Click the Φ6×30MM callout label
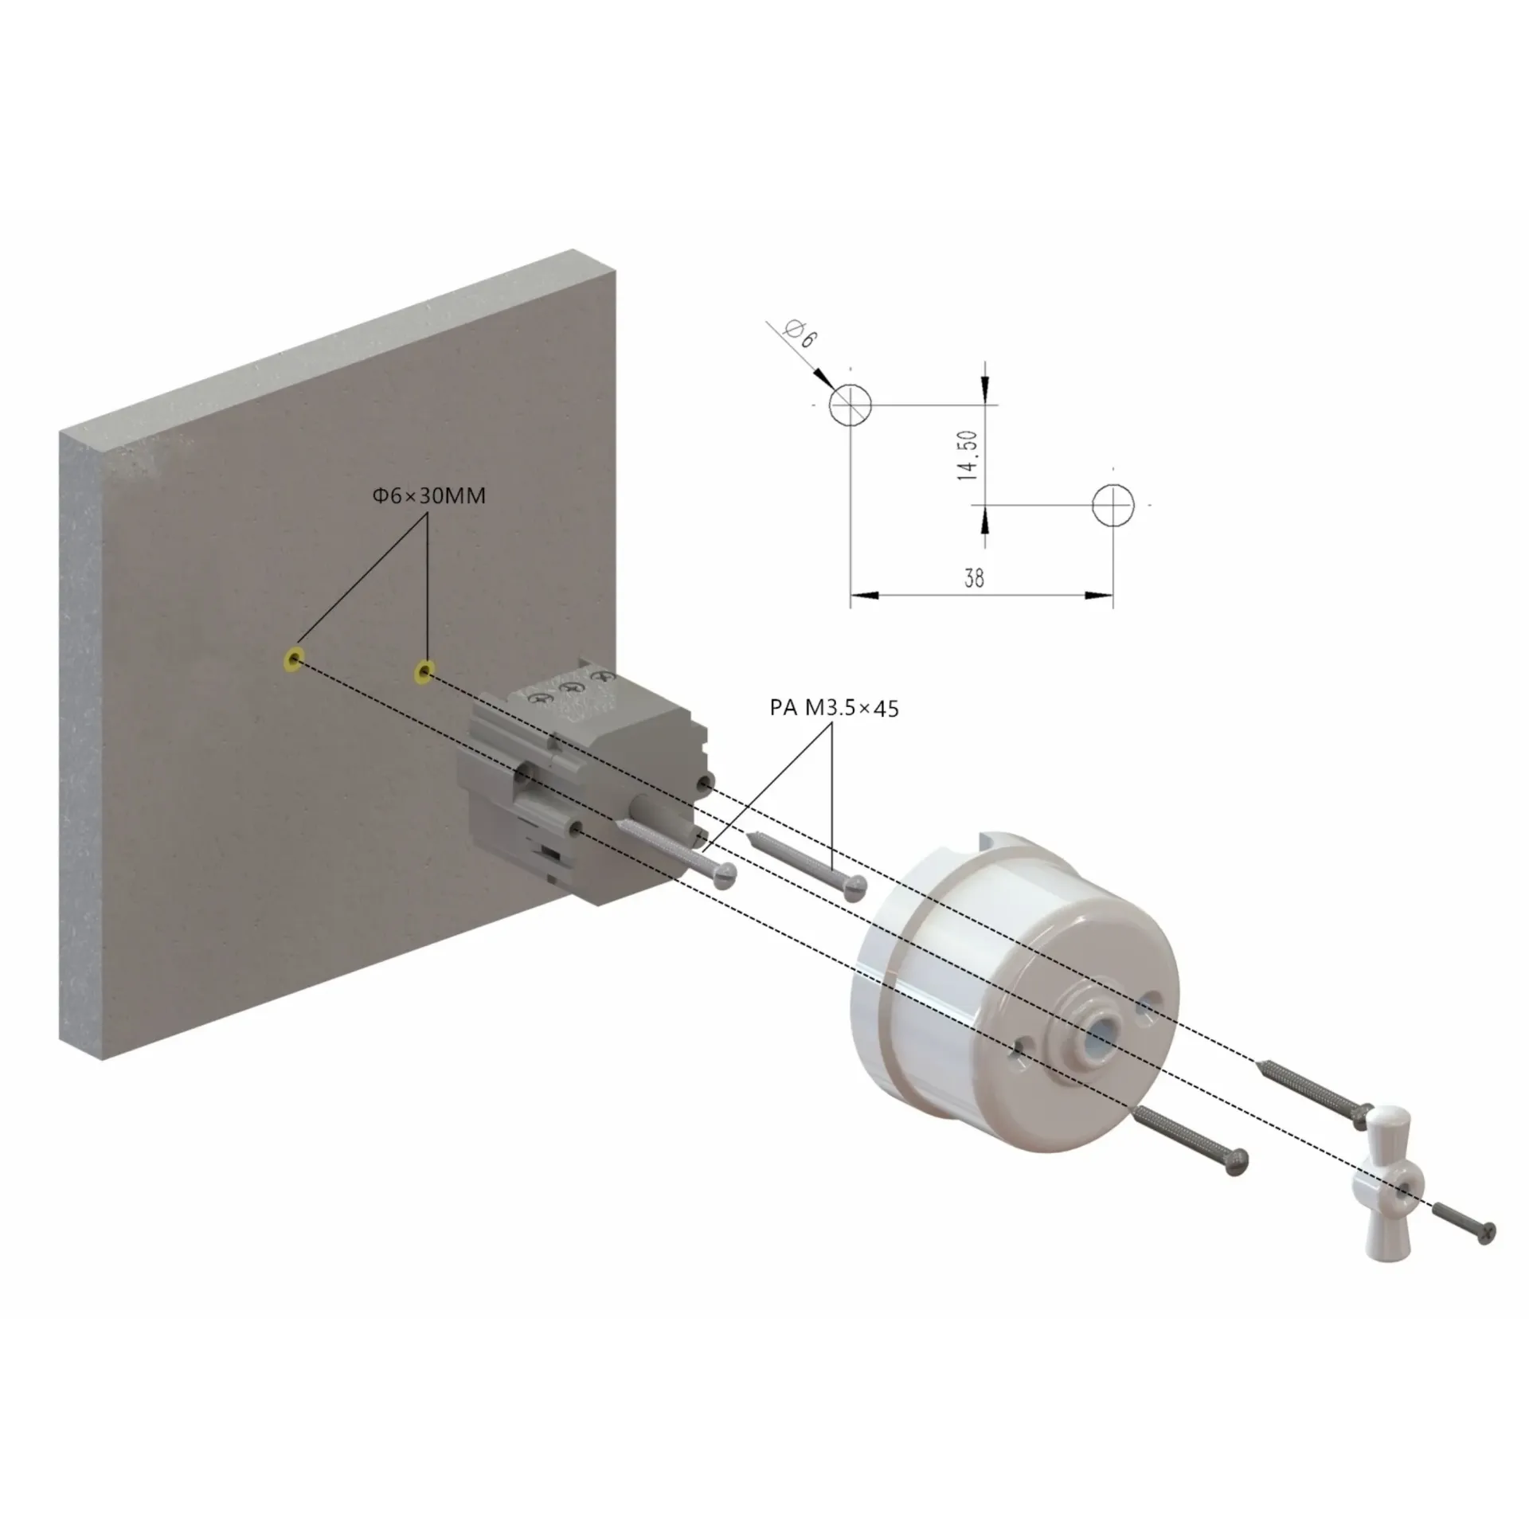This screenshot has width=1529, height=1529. pyautogui.click(x=428, y=495)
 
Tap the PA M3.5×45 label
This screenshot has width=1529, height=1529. pyautogui.click(x=834, y=707)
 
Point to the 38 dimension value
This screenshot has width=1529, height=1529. pyautogui.click(x=974, y=577)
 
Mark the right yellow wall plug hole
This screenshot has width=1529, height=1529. pyautogui.click(x=424, y=674)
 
